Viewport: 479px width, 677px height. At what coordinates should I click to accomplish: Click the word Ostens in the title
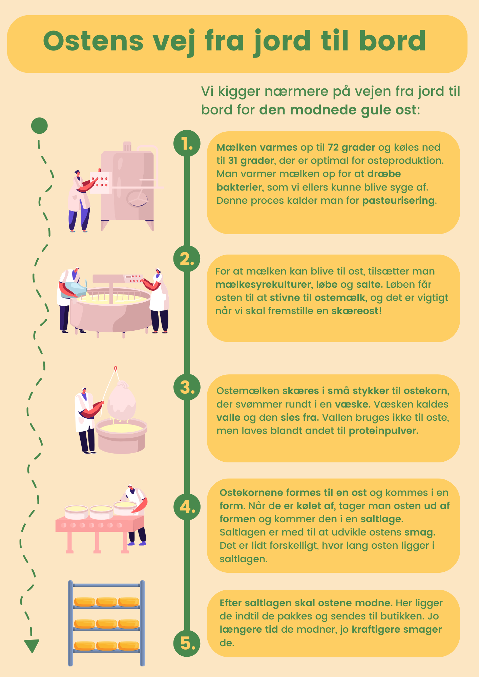click(x=93, y=41)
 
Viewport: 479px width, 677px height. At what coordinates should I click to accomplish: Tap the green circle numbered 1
click(x=187, y=143)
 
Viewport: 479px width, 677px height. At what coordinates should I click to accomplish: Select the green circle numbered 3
click(x=187, y=387)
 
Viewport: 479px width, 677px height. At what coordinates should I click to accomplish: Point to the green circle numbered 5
click(x=187, y=643)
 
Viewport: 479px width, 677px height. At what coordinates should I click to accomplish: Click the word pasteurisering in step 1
click(x=398, y=201)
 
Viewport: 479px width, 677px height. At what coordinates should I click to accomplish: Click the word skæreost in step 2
click(x=355, y=311)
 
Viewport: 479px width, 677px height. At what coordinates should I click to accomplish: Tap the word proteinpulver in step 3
click(x=383, y=431)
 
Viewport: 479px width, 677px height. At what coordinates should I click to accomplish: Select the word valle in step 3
click(x=228, y=417)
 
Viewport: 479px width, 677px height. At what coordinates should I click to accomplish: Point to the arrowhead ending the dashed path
click(x=32, y=646)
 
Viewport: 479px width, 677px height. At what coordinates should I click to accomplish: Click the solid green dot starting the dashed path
click(x=39, y=126)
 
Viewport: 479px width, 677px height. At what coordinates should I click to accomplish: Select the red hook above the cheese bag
click(x=116, y=368)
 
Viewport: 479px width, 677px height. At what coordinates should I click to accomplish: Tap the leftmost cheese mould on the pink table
click(x=76, y=512)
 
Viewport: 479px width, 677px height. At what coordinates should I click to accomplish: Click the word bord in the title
click(x=392, y=41)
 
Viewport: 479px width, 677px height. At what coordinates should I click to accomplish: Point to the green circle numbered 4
click(x=187, y=507)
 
